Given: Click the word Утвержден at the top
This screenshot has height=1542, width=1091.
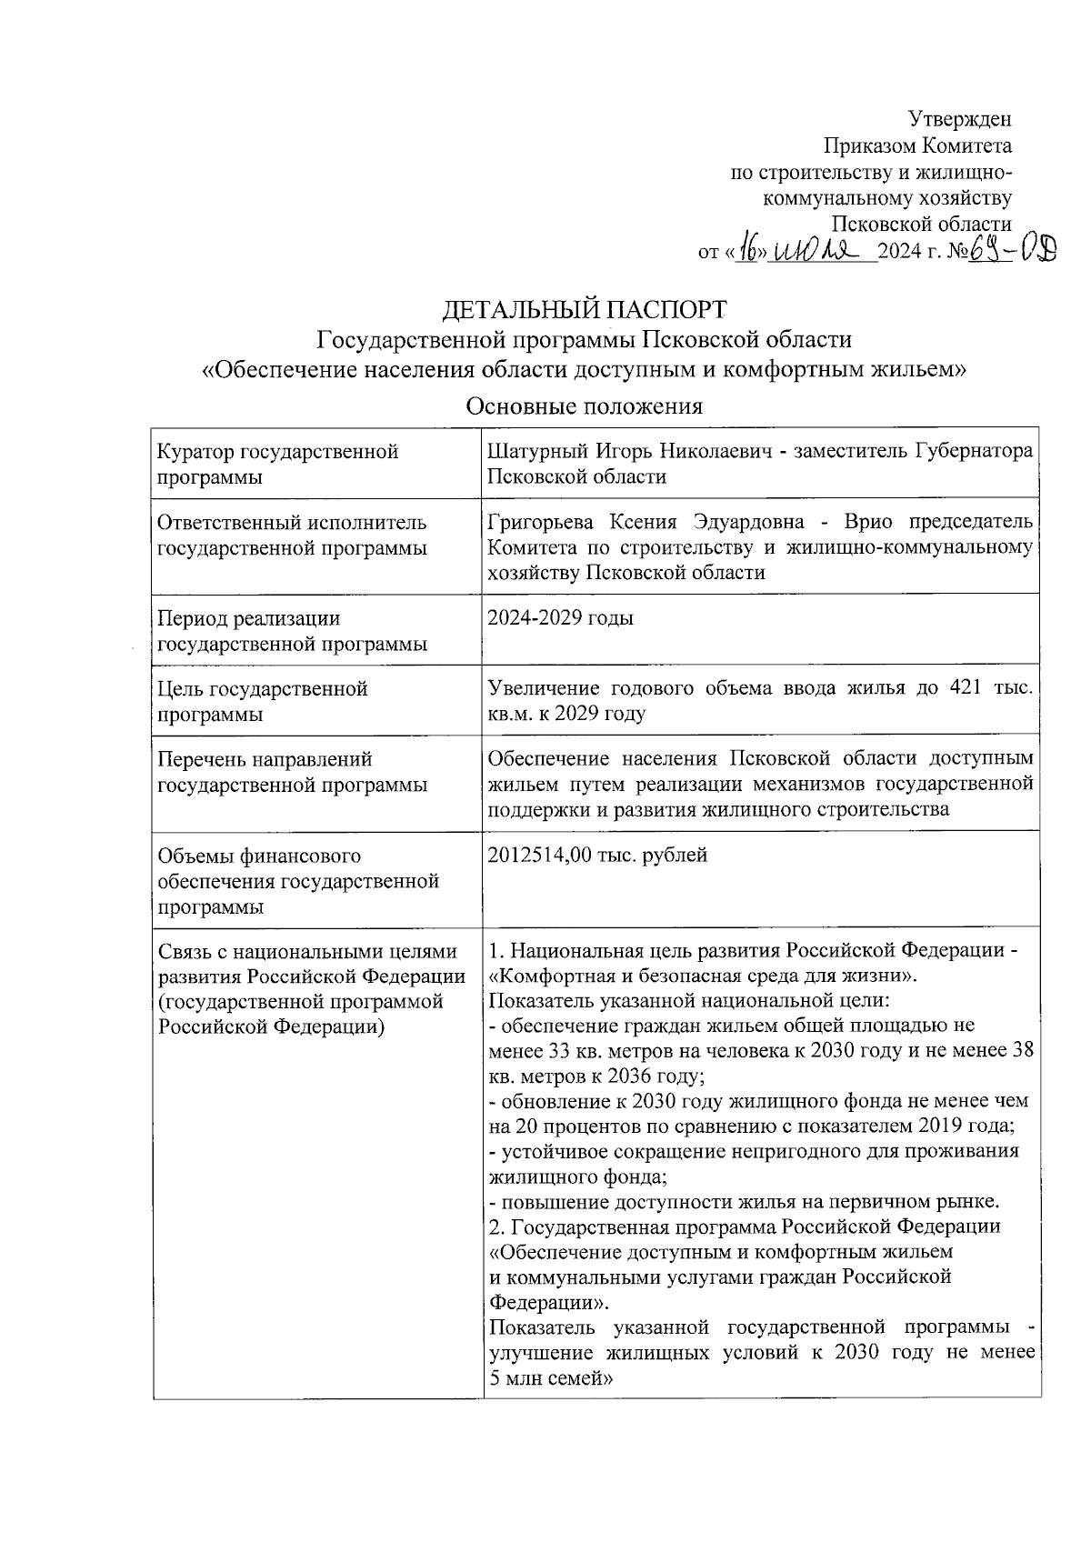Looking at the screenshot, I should pos(960,119).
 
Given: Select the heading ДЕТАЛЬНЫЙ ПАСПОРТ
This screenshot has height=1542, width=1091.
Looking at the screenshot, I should pos(584,310).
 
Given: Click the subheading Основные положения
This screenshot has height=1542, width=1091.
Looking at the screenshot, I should pos(584,406).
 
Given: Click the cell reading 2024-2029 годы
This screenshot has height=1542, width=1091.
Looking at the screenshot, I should pos(561,618).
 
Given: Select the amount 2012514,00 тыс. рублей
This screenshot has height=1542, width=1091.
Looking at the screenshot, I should pos(597,855).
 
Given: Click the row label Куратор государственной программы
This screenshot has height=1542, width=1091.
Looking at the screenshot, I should pos(277,464).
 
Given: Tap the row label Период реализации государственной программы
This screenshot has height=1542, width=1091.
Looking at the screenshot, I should pos(291,631).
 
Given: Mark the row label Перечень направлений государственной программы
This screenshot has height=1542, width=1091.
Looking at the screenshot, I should pos(291,771).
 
